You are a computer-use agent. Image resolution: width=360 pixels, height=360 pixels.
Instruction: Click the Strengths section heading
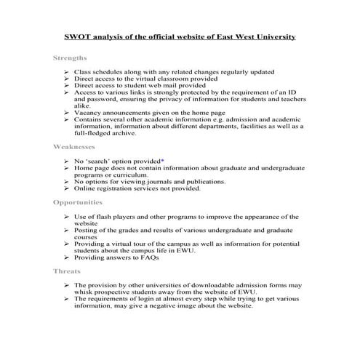[70, 57]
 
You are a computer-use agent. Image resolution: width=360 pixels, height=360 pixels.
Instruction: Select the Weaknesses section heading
[74, 146]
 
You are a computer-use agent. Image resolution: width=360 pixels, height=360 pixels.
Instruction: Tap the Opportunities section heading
[78, 201]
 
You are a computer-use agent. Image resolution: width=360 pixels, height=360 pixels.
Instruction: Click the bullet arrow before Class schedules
[66, 73]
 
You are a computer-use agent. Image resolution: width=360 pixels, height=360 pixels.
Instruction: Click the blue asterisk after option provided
[162, 159]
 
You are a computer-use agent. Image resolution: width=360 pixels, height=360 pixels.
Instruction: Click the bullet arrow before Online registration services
[66, 188]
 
